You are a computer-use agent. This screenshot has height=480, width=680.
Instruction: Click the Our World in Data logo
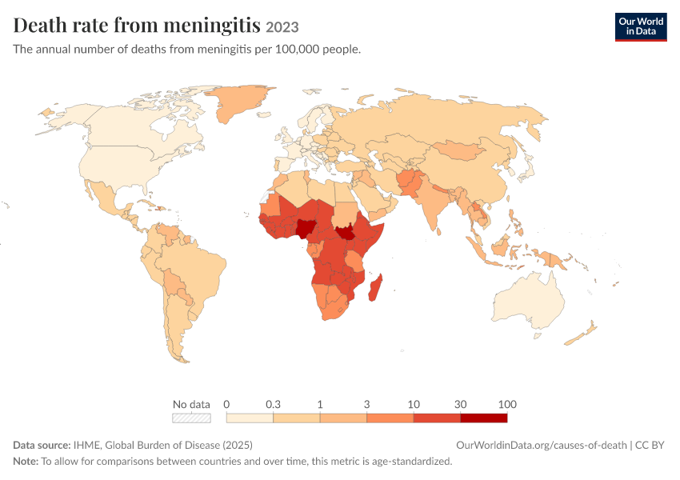point(641,27)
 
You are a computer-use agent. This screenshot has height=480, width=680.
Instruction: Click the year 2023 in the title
point(282,27)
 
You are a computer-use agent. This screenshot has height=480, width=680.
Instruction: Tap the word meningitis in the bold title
point(212,26)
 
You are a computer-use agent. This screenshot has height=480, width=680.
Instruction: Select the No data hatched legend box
point(191,418)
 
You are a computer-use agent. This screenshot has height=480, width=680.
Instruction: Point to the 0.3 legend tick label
point(274,405)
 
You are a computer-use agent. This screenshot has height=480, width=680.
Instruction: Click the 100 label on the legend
point(507,405)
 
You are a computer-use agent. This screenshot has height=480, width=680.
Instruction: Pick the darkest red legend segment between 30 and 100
point(483,418)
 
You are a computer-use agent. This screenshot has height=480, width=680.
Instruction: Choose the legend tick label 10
point(414,405)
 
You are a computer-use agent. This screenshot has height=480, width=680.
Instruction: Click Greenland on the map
point(238,102)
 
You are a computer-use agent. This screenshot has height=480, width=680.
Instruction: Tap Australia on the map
point(529,302)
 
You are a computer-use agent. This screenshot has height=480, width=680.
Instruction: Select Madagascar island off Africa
point(375,288)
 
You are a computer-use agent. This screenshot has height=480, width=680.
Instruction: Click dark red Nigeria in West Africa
point(306,229)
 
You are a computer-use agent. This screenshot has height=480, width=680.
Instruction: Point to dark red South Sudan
point(346,234)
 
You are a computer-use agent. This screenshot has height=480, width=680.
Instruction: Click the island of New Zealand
point(582,334)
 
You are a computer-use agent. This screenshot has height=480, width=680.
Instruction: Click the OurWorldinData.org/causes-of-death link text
point(542,446)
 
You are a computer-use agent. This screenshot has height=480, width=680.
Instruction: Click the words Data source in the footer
point(41,446)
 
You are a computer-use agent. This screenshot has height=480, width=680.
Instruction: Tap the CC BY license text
point(650,446)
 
